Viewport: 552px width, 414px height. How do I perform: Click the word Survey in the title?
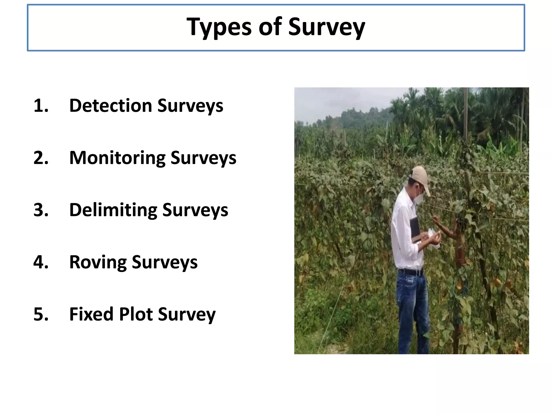click(x=326, y=27)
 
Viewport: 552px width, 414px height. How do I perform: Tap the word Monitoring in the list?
click(x=118, y=158)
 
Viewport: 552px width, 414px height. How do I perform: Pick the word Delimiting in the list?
click(x=113, y=210)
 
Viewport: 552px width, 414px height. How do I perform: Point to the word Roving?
click(x=98, y=262)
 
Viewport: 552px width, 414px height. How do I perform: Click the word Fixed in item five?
click(x=92, y=314)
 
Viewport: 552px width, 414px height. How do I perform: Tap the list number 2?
click(x=41, y=158)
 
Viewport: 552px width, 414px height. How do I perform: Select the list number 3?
click(x=41, y=210)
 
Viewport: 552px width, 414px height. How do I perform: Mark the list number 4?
click(x=41, y=262)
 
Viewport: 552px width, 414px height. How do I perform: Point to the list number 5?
click(x=41, y=314)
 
